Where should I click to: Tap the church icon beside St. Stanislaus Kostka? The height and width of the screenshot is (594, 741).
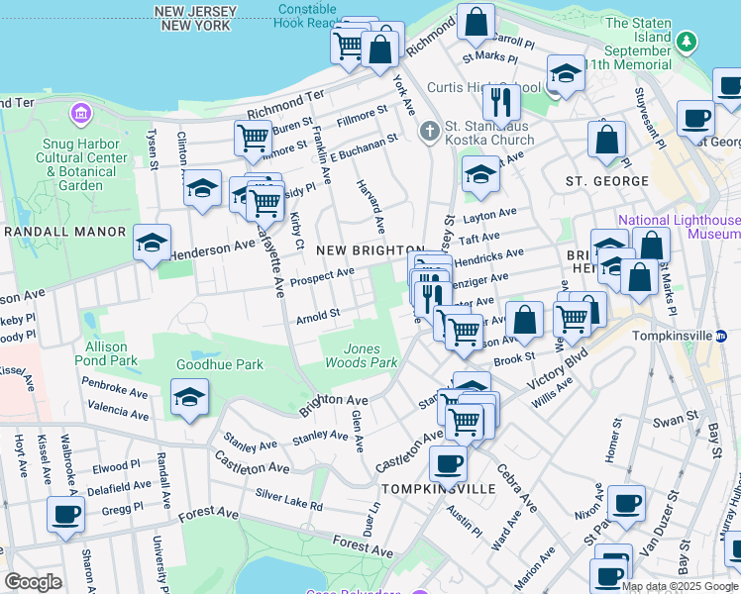[430, 131]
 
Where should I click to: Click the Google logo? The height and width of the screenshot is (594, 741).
[33, 581]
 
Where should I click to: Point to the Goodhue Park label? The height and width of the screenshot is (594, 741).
[220, 364]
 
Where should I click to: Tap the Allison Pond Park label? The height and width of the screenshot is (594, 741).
[106, 354]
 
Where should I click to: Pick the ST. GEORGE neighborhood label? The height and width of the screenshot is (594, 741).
[606, 181]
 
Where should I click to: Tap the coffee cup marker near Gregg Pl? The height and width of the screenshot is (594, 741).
[66, 515]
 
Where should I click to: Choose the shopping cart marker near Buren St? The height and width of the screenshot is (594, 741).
[254, 139]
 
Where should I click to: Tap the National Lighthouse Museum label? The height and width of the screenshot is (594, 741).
[680, 227]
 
